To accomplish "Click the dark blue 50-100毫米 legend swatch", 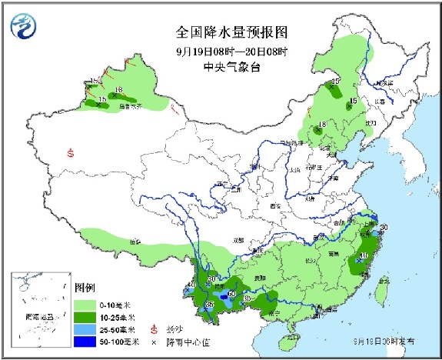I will (x=85, y=340).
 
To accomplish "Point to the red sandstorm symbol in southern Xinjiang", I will (x=71, y=152).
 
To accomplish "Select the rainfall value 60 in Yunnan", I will (x=231, y=292).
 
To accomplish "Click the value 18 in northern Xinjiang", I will (x=118, y=91).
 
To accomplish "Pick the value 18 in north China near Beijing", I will (x=323, y=124).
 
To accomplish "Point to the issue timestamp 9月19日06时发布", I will (x=384, y=339).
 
